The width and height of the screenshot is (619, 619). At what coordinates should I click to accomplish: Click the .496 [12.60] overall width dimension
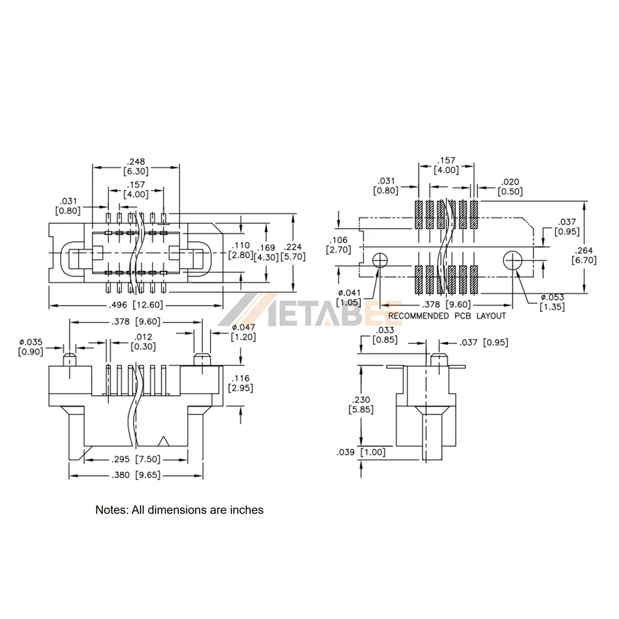(136, 305)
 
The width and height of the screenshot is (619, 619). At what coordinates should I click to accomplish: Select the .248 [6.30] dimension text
(136, 167)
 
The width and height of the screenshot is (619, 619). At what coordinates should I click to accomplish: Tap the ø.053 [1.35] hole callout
(552, 302)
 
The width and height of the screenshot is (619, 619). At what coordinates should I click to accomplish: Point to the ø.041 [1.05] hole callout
(349, 298)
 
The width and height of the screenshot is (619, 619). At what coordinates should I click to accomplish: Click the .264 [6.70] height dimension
(584, 255)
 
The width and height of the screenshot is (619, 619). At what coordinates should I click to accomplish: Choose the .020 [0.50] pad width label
(510, 187)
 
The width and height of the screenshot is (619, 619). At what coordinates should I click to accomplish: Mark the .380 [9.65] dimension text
(136, 475)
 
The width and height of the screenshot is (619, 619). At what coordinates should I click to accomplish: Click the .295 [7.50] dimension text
(136, 459)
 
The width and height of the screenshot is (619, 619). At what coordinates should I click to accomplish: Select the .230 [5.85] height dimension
(361, 405)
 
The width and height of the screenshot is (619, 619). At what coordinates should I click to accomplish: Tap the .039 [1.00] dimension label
(361, 452)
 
